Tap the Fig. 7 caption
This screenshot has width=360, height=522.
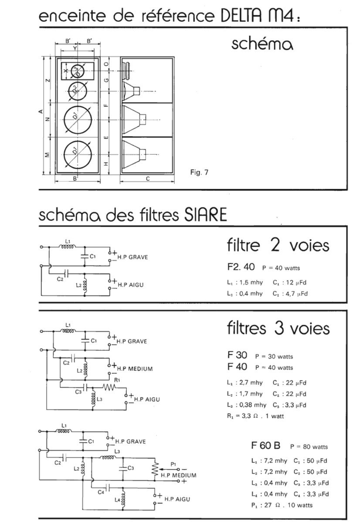pos(200,173)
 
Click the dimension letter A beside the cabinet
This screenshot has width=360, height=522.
pos(41,112)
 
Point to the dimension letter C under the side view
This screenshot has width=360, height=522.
pos(148,179)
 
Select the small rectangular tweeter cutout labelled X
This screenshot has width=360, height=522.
pos(77,71)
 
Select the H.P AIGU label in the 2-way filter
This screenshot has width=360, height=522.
pos(131,285)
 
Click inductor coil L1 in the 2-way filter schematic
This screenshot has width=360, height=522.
pos(68,247)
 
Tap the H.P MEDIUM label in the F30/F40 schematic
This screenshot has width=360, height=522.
pos(135,369)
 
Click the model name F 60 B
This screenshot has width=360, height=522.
pos(265,446)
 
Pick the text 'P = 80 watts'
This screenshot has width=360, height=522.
pos(309,447)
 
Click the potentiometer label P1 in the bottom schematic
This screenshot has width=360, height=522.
pos(174,464)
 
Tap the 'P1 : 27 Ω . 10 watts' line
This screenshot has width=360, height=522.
pos(282,505)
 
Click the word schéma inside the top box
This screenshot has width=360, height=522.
pos(262,44)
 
